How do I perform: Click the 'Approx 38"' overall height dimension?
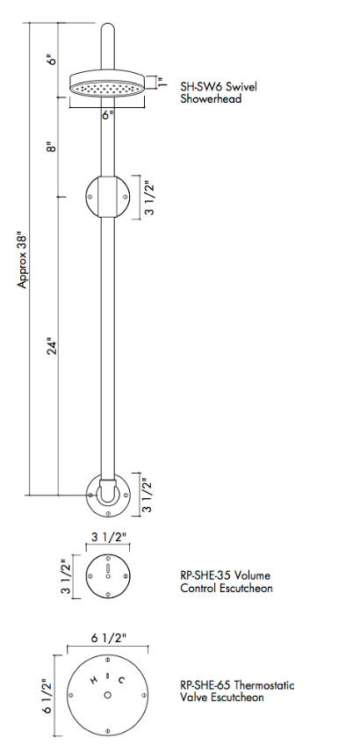click(x=24, y=260)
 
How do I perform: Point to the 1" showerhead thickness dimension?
click(x=161, y=82)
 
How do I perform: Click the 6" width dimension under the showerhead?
click(x=107, y=114)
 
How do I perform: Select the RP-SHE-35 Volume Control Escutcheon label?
click(x=226, y=582)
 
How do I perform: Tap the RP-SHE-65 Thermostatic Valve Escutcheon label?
click(x=237, y=691)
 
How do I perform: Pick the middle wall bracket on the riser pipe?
click(x=107, y=196)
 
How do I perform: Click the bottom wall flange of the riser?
click(x=107, y=496)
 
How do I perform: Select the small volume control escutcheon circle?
click(x=107, y=576)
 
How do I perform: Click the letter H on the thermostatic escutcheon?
click(x=93, y=679)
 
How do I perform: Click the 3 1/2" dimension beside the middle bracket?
click(x=149, y=198)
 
